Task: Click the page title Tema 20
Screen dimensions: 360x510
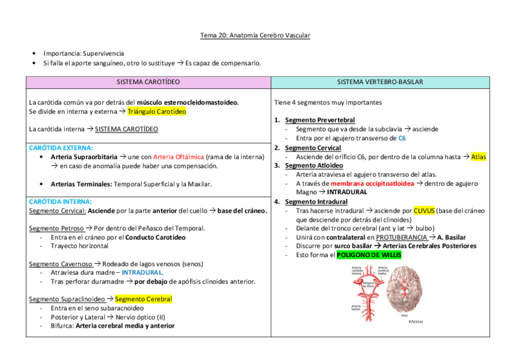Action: coord(255,35)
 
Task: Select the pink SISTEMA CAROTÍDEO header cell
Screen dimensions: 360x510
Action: coord(148,82)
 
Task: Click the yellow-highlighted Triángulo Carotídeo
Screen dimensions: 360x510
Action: coord(156,111)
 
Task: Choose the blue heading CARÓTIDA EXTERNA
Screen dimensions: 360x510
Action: coord(61,147)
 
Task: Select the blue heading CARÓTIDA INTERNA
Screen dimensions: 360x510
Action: coord(60,202)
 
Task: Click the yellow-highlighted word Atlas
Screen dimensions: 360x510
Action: coord(479,157)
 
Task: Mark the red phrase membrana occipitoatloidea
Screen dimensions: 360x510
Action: coord(372,183)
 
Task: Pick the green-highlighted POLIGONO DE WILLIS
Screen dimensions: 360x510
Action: coord(369,255)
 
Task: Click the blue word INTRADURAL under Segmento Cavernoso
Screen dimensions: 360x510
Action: coord(142,272)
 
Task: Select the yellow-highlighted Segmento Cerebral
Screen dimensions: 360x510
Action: coord(143,299)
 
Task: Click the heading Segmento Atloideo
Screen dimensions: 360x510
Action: coord(314,165)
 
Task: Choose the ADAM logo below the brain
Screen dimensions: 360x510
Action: coord(415,322)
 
